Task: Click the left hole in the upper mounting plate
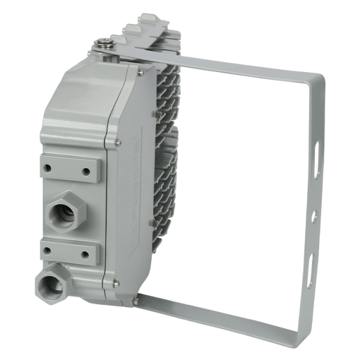[49, 167]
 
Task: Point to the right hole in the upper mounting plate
[87, 172]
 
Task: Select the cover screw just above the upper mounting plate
[118, 142]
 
